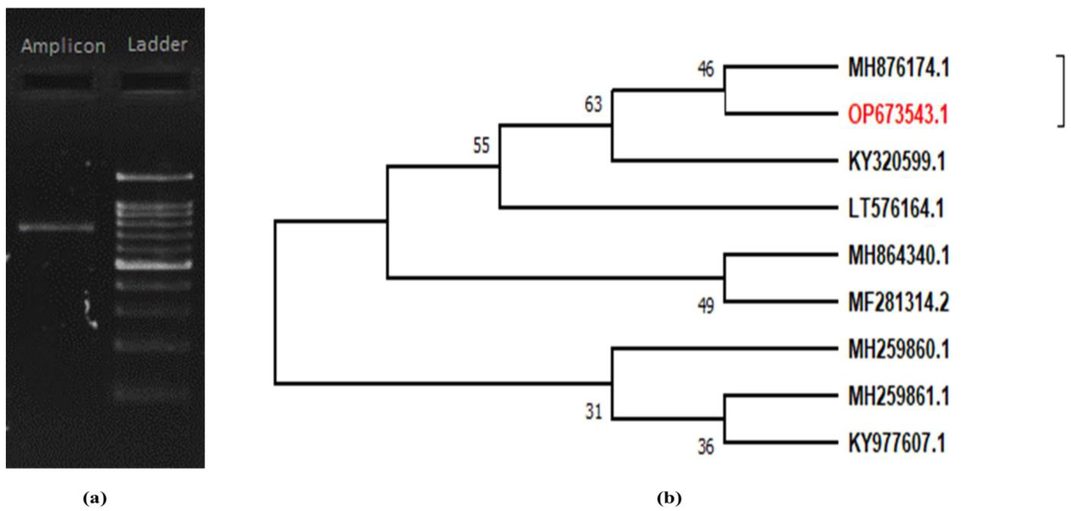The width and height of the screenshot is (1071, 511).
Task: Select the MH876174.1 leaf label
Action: pyautogui.click(x=899, y=68)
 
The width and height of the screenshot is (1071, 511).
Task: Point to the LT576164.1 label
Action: pyautogui.click(x=896, y=208)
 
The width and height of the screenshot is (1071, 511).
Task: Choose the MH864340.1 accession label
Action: pyautogui.click(x=899, y=255)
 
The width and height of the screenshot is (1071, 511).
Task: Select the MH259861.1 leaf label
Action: pyautogui.click(x=899, y=396)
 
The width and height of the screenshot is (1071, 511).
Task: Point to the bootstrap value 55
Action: pyautogui.click(x=482, y=146)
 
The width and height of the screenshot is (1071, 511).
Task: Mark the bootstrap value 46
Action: pyautogui.click(x=705, y=69)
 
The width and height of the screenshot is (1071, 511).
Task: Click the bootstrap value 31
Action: pyautogui.click(x=593, y=412)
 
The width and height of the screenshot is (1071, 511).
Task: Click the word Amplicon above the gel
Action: pyautogui.click(x=63, y=46)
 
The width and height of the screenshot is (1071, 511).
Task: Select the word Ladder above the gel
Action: pyautogui.click(x=157, y=44)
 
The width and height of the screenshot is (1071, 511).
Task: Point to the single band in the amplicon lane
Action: pyautogui.click(x=57, y=228)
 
